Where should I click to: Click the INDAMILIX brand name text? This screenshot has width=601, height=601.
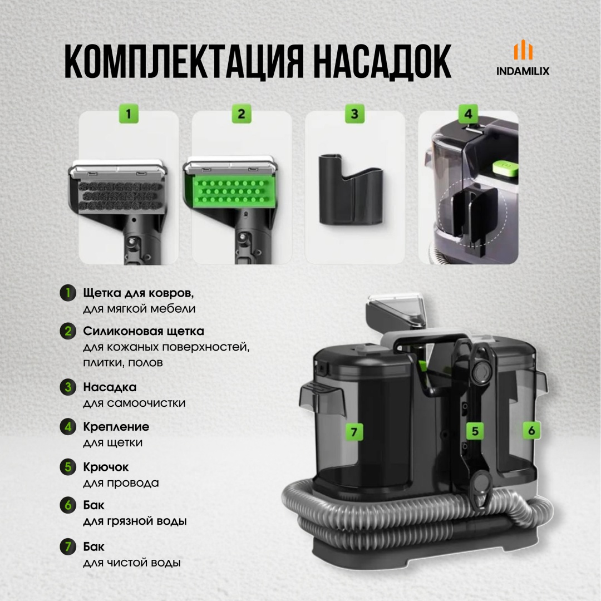point(523,71)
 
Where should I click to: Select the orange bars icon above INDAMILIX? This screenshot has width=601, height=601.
point(523,50)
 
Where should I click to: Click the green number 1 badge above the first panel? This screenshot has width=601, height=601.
point(129,114)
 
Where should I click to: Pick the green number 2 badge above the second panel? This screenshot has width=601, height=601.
point(242,114)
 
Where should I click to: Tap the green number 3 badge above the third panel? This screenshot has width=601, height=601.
point(354,114)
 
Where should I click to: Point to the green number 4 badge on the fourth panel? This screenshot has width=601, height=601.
point(468,114)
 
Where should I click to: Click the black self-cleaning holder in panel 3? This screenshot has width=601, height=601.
point(351,190)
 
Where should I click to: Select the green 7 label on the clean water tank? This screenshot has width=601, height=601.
point(354,432)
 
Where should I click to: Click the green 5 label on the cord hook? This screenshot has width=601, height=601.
point(475,431)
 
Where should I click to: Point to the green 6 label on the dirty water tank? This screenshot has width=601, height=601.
point(531,430)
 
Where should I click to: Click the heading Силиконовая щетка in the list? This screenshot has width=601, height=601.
point(144,331)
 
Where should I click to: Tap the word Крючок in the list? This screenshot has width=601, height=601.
point(106,467)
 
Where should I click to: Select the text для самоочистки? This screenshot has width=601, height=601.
point(134,403)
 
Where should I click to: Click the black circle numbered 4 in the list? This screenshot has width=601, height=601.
point(68,427)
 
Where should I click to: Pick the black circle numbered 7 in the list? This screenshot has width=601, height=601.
point(68,546)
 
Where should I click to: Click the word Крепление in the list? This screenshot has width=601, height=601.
point(116,427)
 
